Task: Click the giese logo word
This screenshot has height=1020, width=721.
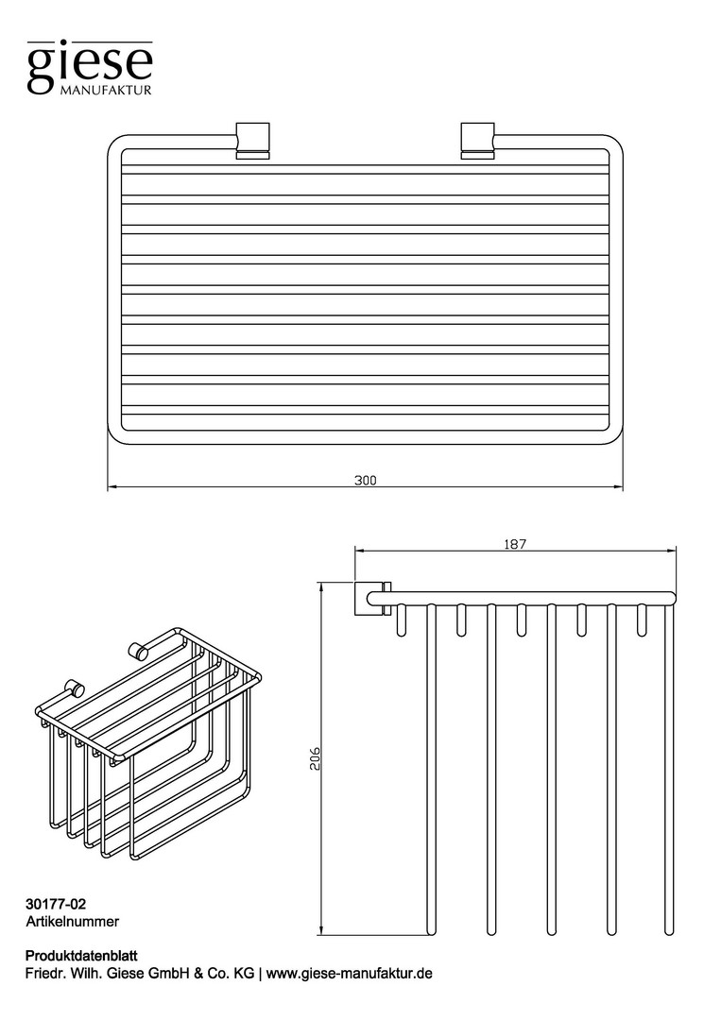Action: point(90,66)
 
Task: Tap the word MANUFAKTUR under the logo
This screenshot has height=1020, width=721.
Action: point(106,90)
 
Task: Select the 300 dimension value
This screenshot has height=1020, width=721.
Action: point(365,481)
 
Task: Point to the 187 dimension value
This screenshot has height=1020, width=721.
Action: point(515,544)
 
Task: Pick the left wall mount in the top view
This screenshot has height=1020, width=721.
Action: point(252,139)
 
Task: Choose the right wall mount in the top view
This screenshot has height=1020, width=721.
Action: point(477,139)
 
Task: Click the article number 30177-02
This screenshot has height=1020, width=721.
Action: point(56,904)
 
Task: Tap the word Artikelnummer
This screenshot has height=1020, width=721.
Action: point(72,921)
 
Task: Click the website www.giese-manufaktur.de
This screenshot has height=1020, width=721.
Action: point(350,974)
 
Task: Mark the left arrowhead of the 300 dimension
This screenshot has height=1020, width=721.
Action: point(112,486)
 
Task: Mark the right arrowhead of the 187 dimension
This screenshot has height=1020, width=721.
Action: point(672,550)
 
